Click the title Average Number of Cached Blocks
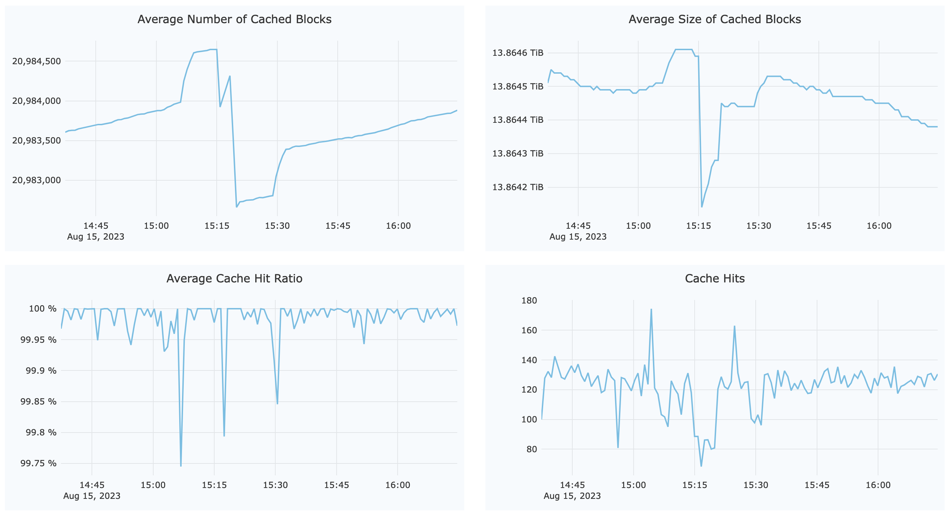click(x=235, y=19)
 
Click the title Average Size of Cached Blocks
click(x=714, y=19)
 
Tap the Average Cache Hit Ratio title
click(x=235, y=278)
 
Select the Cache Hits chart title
click(x=714, y=278)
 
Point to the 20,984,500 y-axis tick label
click(x=36, y=61)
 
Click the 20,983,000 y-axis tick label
click(x=36, y=180)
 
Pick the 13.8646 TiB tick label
click(x=518, y=53)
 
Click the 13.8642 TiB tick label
click(x=518, y=187)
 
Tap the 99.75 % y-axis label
click(x=38, y=463)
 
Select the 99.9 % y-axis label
click(x=41, y=370)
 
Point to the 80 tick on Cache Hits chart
click(x=532, y=449)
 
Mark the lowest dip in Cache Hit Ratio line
click(x=181, y=466)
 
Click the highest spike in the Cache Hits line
click(x=651, y=309)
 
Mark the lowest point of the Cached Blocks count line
click(x=237, y=207)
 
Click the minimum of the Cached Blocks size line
click(x=702, y=207)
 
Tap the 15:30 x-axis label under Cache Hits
click(x=755, y=485)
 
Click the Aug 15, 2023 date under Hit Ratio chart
click(x=92, y=496)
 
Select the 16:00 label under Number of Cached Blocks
click(x=398, y=226)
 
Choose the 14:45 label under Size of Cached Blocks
click(x=578, y=226)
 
